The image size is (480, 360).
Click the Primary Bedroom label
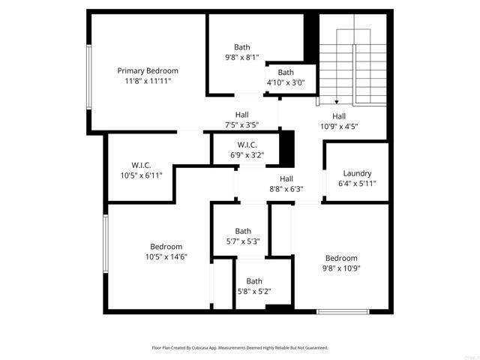(x=147, y=70)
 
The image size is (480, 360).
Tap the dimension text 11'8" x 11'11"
(x=147, y=80)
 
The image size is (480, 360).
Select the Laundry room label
(x=357, y=173)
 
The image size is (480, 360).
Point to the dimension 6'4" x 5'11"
(x=357, y=183)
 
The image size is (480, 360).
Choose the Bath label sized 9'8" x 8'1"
(x=242, y=46)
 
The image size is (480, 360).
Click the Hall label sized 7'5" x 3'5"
(x=241, y=115)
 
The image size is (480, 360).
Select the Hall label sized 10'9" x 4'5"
(x=339, y=116)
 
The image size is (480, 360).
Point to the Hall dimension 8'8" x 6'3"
(x=286, y=189)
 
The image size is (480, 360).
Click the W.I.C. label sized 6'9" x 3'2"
(x=247, y=145)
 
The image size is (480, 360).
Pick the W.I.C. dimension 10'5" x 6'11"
(x=142, y=175)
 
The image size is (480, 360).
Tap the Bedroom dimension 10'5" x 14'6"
(x=166, y=257)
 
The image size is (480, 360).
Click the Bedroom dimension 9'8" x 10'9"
(x=341, y=268)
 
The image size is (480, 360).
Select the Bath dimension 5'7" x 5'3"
(x=243, y=241)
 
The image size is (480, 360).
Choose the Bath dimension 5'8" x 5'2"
(x=254, y=292)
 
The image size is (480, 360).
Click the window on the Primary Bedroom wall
(x=88, y=75)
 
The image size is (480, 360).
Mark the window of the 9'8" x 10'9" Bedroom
(x=343, y=310)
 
